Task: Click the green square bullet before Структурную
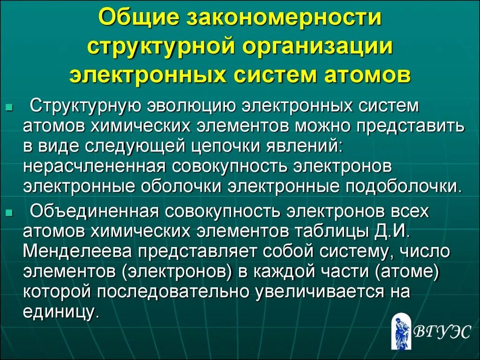[9, 107]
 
